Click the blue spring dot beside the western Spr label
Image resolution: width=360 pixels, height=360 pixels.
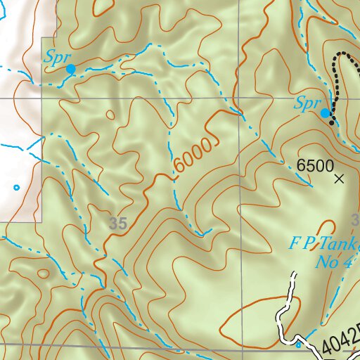coord(71,68)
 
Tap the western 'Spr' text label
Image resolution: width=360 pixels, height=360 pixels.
coord(55,57)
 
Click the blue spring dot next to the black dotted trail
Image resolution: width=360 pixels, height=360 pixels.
coord(325,112)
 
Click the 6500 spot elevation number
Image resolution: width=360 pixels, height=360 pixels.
coord(314,166)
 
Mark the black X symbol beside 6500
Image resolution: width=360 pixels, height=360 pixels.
coord(340,179)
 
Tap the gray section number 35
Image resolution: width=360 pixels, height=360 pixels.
coord(118,224)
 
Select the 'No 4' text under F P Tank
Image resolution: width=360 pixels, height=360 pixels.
coord(336,262)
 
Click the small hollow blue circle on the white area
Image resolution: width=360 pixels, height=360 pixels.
coord(17,187)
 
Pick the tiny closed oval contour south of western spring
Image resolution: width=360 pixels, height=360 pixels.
coord(110,115)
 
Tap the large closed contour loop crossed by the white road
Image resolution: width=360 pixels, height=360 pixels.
coord(253,320)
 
